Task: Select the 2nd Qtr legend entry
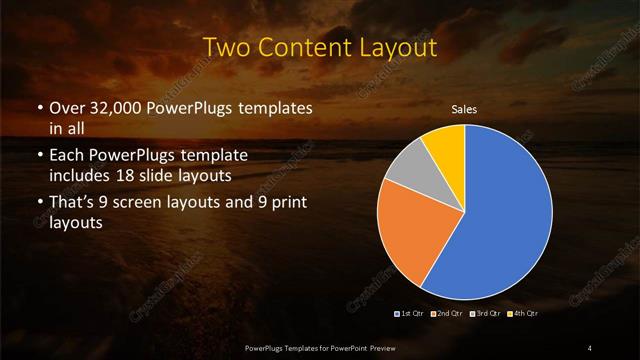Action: tap(448, 314)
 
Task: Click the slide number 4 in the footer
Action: tap(590, 347)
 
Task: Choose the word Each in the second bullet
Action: tap(65, 156)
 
